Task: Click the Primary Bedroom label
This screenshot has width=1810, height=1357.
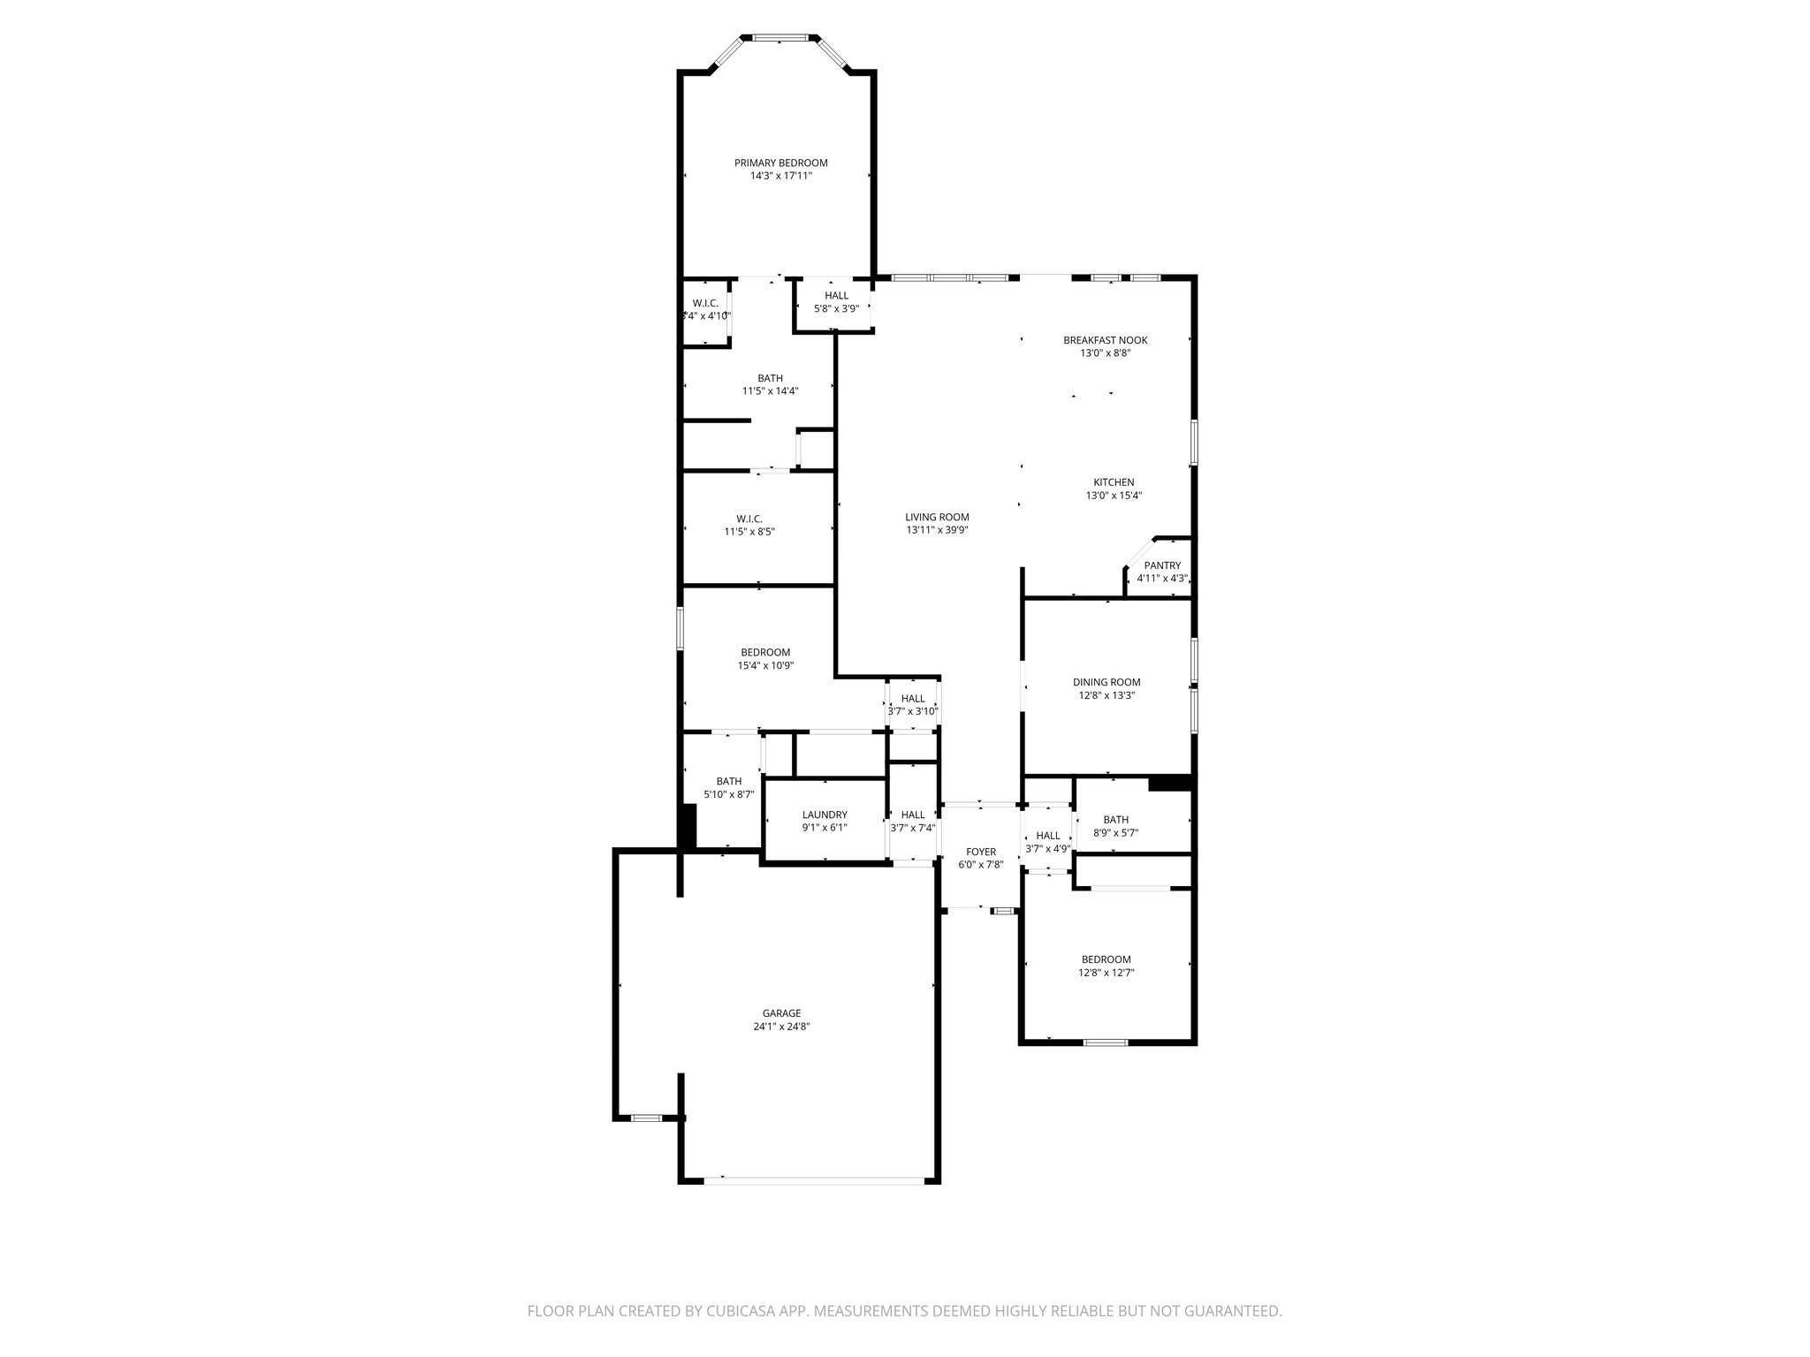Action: coord(780,163)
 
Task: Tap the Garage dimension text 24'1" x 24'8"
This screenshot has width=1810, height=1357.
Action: coord(781,1027)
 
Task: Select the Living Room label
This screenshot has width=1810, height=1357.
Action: coord(937,517)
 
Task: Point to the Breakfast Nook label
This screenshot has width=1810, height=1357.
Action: coord(1105,340)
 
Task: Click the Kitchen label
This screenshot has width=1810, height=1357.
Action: coord(1114,482)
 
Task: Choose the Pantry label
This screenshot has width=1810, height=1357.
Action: coord(1162,565)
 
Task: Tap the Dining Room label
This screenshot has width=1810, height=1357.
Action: coord(1107,682)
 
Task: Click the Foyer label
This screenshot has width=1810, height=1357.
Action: coord(981,852)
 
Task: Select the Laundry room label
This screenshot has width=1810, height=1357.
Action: coord(825,815)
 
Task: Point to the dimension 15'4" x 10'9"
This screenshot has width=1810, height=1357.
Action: coord(766,666)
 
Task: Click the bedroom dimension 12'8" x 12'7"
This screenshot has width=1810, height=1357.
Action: coord(1106,973)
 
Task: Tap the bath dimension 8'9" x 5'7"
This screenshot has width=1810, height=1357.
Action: coord(1115,832)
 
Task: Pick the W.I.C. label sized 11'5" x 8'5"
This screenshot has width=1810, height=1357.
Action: coord(749,519)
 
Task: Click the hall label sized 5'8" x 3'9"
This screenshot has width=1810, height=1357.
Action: coord(836,296)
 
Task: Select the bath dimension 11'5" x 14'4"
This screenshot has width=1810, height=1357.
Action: coord(770,390)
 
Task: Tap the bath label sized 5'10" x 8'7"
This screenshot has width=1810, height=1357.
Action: coord(729,781)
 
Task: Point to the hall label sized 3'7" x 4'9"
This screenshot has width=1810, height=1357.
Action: coord(1048,836)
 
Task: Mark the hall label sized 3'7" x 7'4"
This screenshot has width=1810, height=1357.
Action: coord(913,815)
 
